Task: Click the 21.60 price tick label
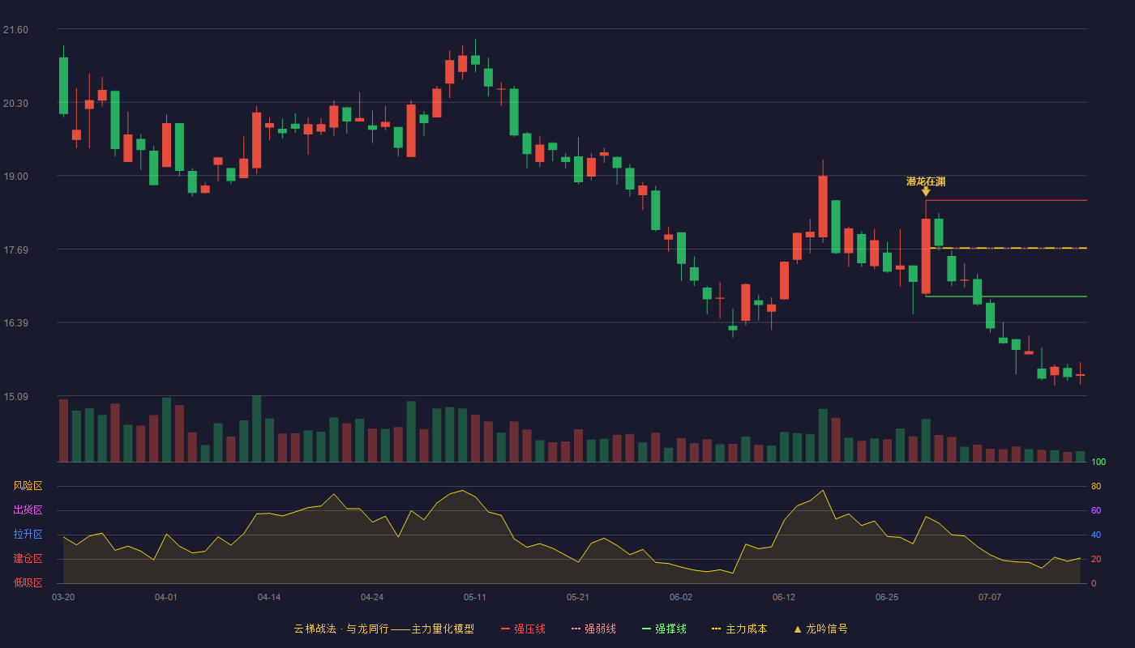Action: click(15, 30)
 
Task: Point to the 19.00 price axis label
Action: click(15, 177)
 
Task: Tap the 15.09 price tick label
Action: click(15, 396)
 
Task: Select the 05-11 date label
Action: click(475, 598)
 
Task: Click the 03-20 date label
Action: click(63, 598)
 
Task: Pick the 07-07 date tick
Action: click(990, 598)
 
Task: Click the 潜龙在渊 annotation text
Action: click(926, 181)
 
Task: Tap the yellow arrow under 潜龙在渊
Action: click(926, 191)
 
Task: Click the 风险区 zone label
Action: click(28, 486)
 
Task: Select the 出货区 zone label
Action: click(28, 509)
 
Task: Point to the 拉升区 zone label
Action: click(28, 534)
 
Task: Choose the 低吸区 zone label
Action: click(28, 582)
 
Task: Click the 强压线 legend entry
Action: click(523, 629)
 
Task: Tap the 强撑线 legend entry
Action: click(664, 629)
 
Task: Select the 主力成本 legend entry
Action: click(739, 629)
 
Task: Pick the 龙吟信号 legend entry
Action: click(820, 629)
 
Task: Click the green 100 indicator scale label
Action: click(1099, 462)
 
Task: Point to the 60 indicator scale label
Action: click(1096, 510)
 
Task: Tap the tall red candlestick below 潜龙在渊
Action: click(926, 256)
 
